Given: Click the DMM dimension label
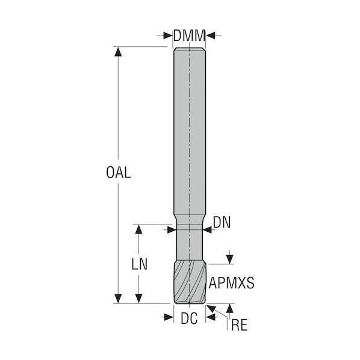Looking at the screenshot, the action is click(x=189, y=36).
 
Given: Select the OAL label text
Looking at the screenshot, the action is click(x=119, y=172).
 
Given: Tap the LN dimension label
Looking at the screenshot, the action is click(x=139, y=264).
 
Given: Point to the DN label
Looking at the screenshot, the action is click(x=222, y=222).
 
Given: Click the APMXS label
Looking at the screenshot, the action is click(x=231, y=283).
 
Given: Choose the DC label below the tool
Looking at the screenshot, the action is click(x=189, y=318).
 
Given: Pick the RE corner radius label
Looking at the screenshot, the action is click(x=239, y=325).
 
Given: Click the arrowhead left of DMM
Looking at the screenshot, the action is click(x=168, y=36).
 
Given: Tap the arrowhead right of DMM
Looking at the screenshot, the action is click(x=211, y=36).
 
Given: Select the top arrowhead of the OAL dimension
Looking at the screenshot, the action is click(x=118, y=52).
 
